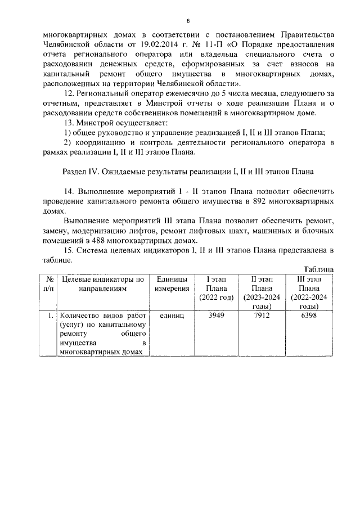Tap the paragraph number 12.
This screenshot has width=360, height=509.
coord(69,92)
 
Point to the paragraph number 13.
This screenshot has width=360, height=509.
coord(69,123)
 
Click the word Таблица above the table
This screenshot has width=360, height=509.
coord(318,270)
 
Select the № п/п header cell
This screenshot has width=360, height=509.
coord(49,284)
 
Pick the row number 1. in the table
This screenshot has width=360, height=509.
coord(50,316)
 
